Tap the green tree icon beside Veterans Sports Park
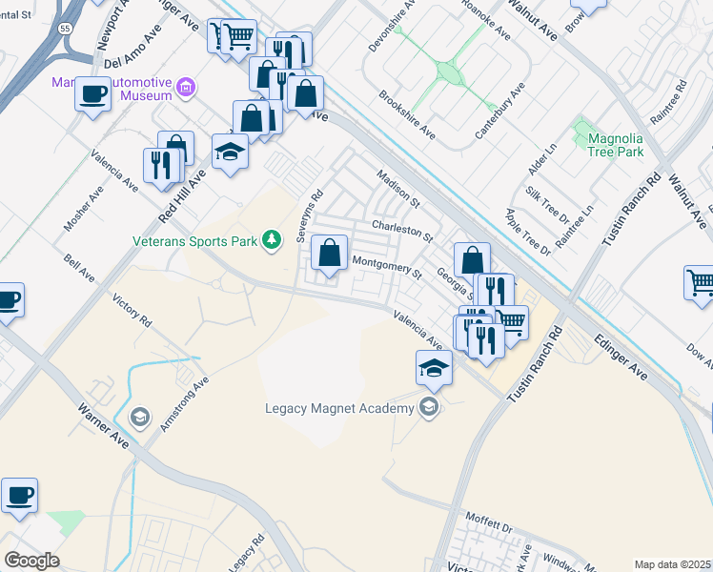273,239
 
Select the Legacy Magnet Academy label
339,409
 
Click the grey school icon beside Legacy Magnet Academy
429,409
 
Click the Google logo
31,560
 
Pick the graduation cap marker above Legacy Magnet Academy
434,366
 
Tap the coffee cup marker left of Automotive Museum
93,93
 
